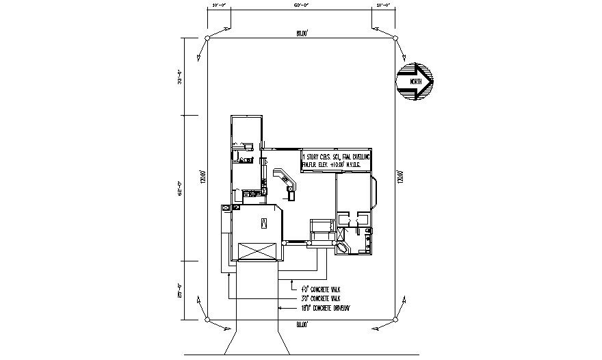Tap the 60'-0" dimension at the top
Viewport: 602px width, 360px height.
pos(301,5)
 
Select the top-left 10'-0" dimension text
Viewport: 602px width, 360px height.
pos(220,5)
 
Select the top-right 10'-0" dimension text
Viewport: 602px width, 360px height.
pos(383,5)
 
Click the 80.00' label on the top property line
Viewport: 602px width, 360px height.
pos(302,32)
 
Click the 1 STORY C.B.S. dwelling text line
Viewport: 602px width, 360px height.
pos(337,157)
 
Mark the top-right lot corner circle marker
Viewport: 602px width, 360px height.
pos(395,38)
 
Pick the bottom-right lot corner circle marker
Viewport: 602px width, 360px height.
pos(395,319)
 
